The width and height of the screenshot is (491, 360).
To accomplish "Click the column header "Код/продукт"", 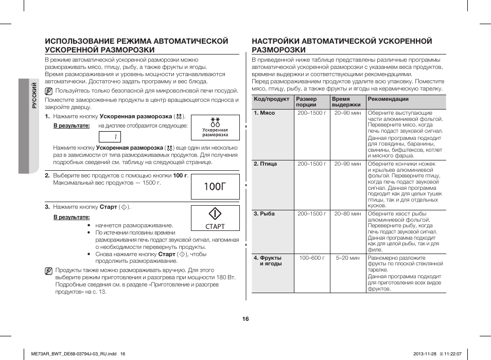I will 271,99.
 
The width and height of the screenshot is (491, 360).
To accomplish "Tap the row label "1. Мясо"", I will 265,113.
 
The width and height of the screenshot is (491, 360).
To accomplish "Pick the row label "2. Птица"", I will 266,164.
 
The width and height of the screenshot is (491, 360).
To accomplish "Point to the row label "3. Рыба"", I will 265,214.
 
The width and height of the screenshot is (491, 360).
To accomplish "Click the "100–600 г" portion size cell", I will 312,258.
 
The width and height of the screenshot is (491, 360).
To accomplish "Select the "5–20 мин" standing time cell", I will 348,258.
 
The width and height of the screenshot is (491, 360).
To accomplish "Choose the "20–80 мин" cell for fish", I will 348,214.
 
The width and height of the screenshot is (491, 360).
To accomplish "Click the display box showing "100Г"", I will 215,187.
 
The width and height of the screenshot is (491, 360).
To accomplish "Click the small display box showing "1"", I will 116,137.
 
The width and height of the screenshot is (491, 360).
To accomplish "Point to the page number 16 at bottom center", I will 246,319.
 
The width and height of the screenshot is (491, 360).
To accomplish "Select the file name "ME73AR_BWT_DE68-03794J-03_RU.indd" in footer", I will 71,353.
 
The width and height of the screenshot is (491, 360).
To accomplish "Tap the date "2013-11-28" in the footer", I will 425,353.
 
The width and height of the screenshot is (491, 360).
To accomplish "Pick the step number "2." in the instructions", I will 47,175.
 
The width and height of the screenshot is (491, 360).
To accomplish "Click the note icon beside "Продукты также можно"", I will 48,270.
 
